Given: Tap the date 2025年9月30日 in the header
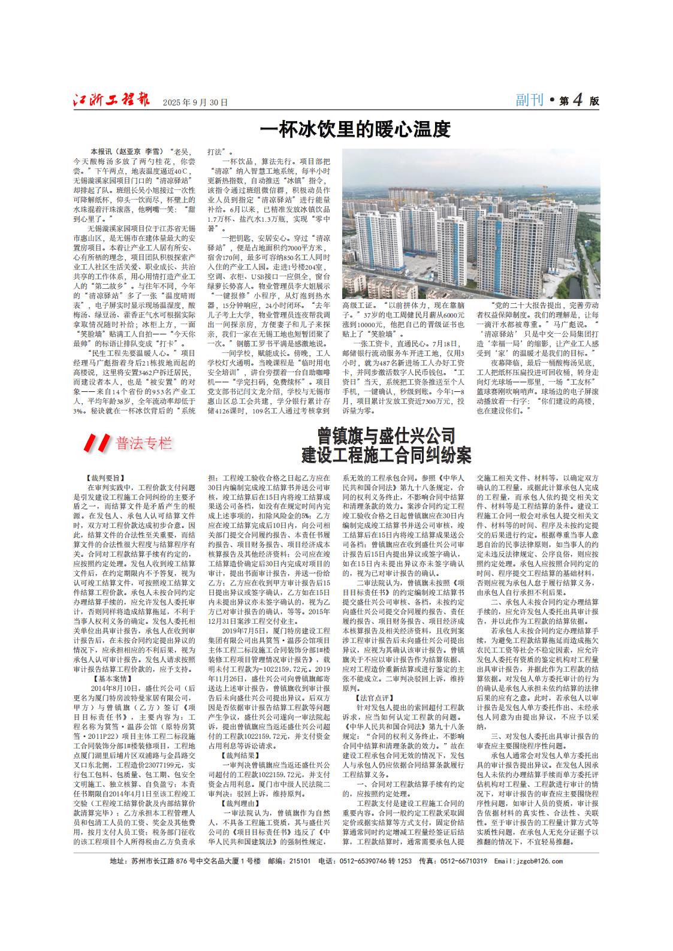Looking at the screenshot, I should pos(195,102).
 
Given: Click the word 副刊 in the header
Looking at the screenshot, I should pos(529,100).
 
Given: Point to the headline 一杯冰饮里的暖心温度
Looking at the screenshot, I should pos(355,129).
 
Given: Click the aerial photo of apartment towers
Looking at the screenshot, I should pos(470,224).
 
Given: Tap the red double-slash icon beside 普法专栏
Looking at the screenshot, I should pos(96,443).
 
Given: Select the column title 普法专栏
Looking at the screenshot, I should pos(144,443).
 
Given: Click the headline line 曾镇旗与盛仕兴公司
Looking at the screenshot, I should pos(386,436).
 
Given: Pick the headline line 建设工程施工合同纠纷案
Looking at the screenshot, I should pos(386,455).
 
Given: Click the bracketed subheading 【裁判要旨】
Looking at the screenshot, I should pos(107,478).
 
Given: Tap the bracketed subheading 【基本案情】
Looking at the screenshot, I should pos(114,679).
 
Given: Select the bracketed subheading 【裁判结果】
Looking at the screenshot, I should pos(241,756).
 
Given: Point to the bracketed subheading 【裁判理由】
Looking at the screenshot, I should pos(241,804).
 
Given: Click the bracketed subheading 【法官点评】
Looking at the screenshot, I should pos(375,698).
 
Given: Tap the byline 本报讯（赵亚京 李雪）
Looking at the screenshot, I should pos(126,152).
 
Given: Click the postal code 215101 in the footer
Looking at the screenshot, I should pos(300,861).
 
